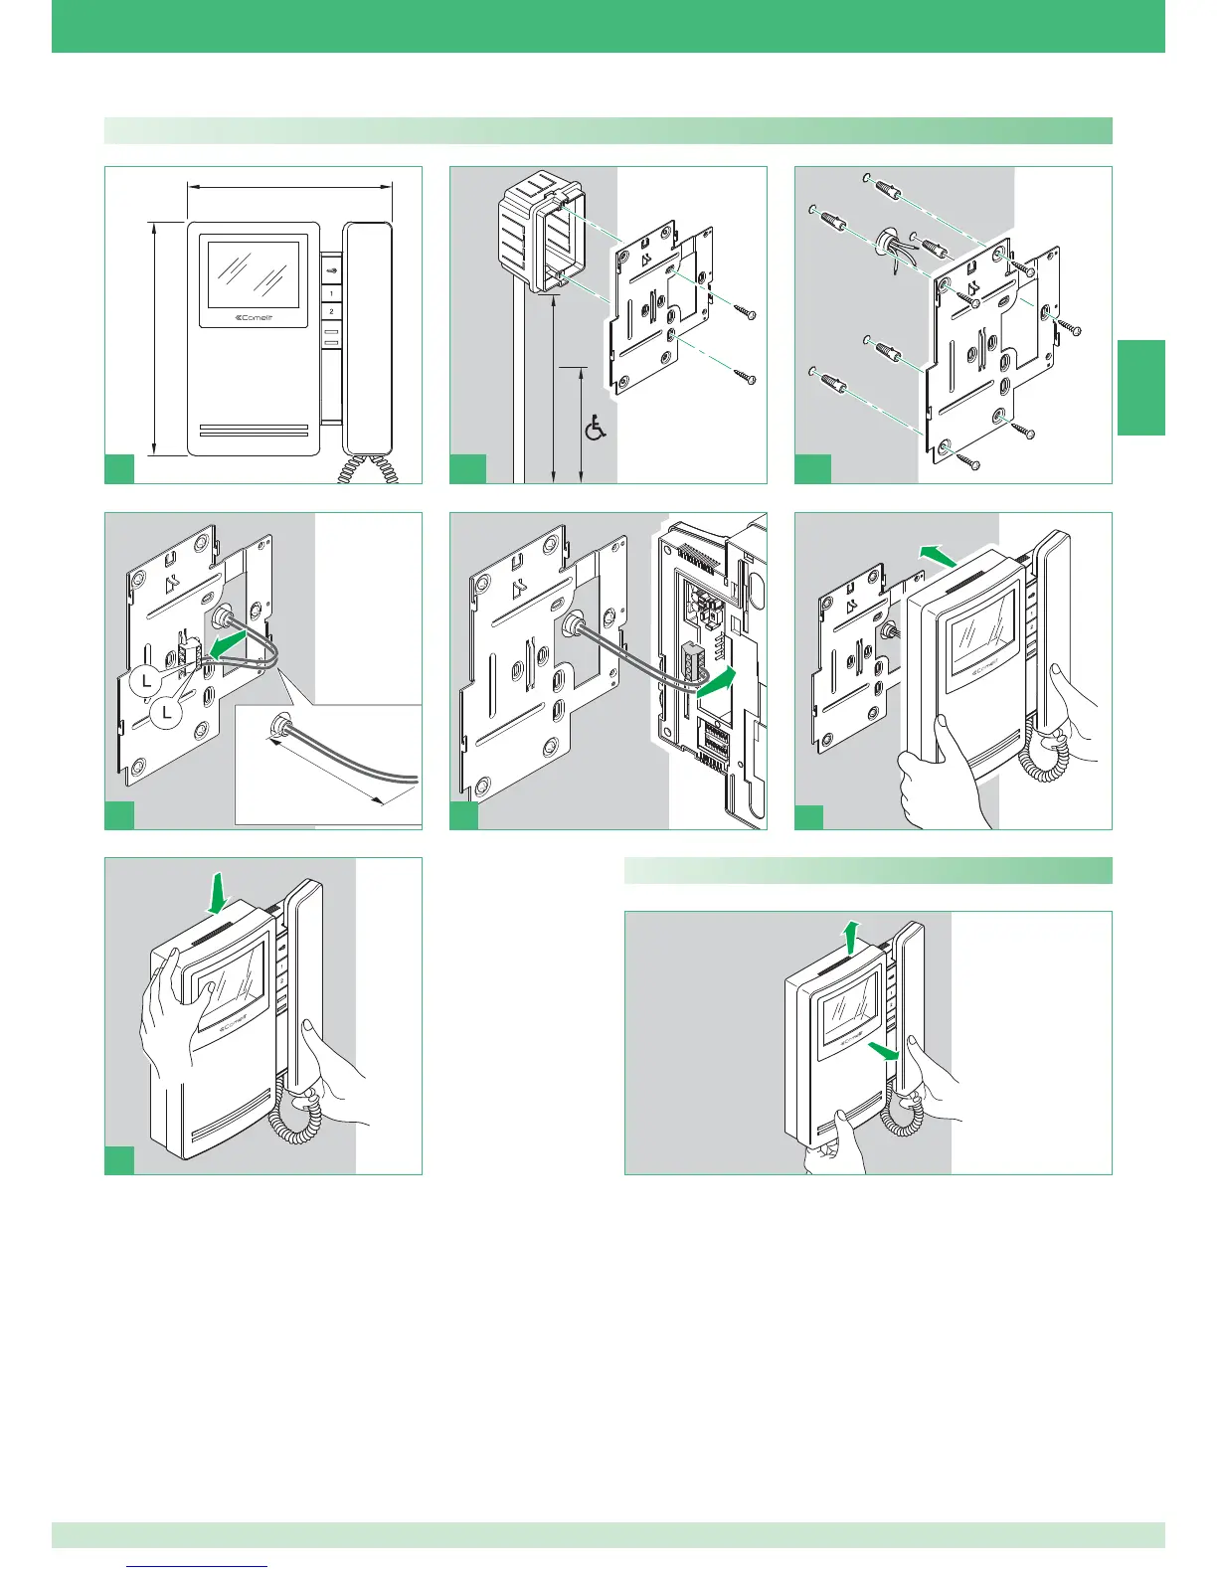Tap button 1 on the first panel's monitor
(x=331, y=294)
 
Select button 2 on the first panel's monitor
(x=331, y=311)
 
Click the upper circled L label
(x=146, y=681)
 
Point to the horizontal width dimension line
(x=289, y=185)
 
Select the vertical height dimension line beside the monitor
(x=155, y=338)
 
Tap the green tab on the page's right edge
(x=1141, y=388)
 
